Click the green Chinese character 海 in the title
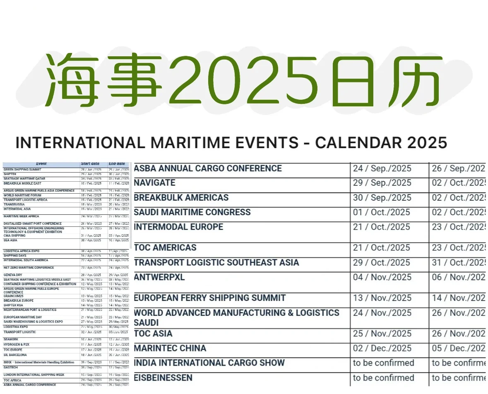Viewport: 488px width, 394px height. [x=72, y=81]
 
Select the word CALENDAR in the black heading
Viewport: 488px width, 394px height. [x=358, y=143]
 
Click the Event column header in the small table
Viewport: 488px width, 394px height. [x=41, y=164]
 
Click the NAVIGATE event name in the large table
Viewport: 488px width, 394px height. [x=154, y=183]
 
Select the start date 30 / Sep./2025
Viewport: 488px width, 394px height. [x=382, y=198]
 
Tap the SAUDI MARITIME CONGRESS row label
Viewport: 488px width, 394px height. [x=192, y=212]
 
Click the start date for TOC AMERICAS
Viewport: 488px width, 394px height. [x=382, y=248]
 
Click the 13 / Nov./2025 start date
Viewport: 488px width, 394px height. [x=382, y=298]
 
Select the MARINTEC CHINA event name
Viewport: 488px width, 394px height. [x=170, y=348]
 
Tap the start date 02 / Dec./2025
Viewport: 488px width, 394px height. [x=382, y=348]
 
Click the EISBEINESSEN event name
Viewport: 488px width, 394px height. [x=163, y=378]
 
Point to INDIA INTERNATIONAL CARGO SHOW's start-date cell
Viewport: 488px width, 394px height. [x=383, y=363]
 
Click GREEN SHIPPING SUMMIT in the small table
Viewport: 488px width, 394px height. [x=22, y=170]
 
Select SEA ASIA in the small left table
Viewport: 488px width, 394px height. [x=10, y=240]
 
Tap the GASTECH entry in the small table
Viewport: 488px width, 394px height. [x=11, y=367]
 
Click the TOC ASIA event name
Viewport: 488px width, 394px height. [x=153, y=334]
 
